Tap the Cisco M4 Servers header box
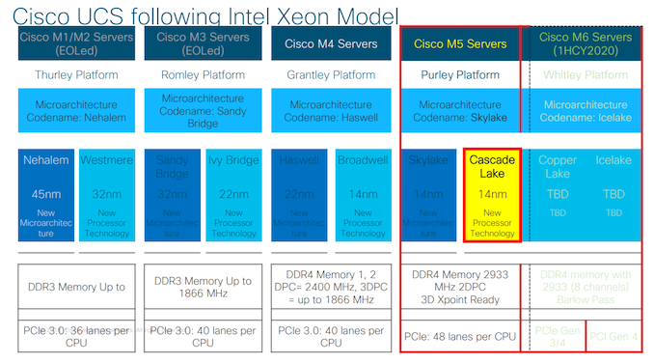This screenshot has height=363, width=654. click(x=331, y=43)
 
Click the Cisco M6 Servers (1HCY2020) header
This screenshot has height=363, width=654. click(x=586, y=43)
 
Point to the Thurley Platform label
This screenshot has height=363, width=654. click(x=74, y=74)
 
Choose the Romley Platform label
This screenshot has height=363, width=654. click(x=203, y=74)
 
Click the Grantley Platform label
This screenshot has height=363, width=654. click(x=331, y=74)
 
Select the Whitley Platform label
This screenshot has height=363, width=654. click(x=586, y=74)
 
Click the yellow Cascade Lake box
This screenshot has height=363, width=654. click(x=492, y=196)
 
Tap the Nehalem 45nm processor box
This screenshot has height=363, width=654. click(x=43, y=196)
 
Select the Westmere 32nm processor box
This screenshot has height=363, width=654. click(x=106, y=196)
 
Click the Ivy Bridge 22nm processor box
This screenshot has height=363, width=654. click(x=234, y=196)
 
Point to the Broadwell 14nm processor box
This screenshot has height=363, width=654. click(x=363, y=196)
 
